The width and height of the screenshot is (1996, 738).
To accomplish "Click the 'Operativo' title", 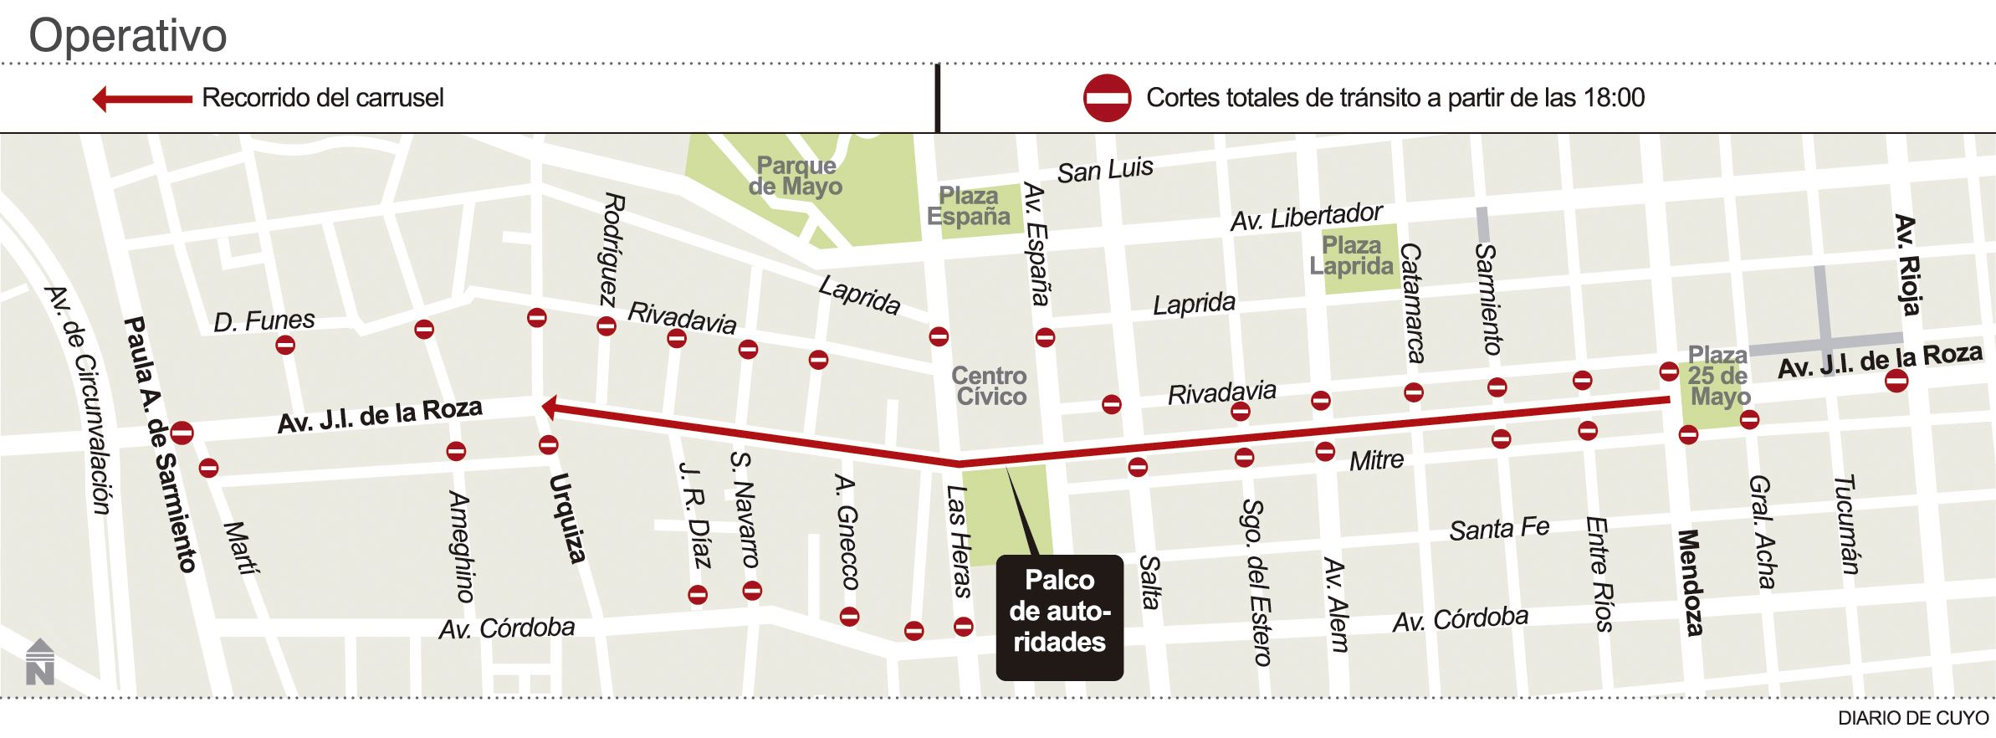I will pos(128,36).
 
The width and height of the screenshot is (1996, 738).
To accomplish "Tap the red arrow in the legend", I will pos(142,99).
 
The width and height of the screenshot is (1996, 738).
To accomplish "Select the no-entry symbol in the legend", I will pos(1107,99).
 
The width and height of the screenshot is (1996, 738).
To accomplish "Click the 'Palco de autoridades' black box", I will pos(1059,617).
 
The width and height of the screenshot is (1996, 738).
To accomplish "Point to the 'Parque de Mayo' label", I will pos(795,176).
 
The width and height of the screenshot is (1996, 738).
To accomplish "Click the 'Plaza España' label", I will pos(968,206).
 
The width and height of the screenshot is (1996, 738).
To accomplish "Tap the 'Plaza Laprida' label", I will pos(1351,255).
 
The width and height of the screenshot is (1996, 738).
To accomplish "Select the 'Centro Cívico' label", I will pos(990,386).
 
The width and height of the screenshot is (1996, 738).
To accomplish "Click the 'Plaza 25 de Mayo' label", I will pos(1718,376).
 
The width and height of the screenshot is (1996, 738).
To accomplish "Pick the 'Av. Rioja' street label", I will pos(1908,265).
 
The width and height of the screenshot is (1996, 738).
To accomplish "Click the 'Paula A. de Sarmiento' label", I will pos(160,443).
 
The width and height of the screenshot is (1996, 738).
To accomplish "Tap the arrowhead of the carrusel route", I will pos(550,407).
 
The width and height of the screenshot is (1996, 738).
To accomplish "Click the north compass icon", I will pos(39,662).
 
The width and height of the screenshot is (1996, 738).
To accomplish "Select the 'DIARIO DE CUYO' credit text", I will pos(1912,718).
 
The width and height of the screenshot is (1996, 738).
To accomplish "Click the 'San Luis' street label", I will pos(1104,171).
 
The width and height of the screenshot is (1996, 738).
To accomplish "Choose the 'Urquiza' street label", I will pos(566,517).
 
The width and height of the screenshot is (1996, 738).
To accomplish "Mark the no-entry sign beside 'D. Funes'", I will pos(285,344).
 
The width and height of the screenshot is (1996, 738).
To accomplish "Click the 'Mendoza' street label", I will pos(1690,582).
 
